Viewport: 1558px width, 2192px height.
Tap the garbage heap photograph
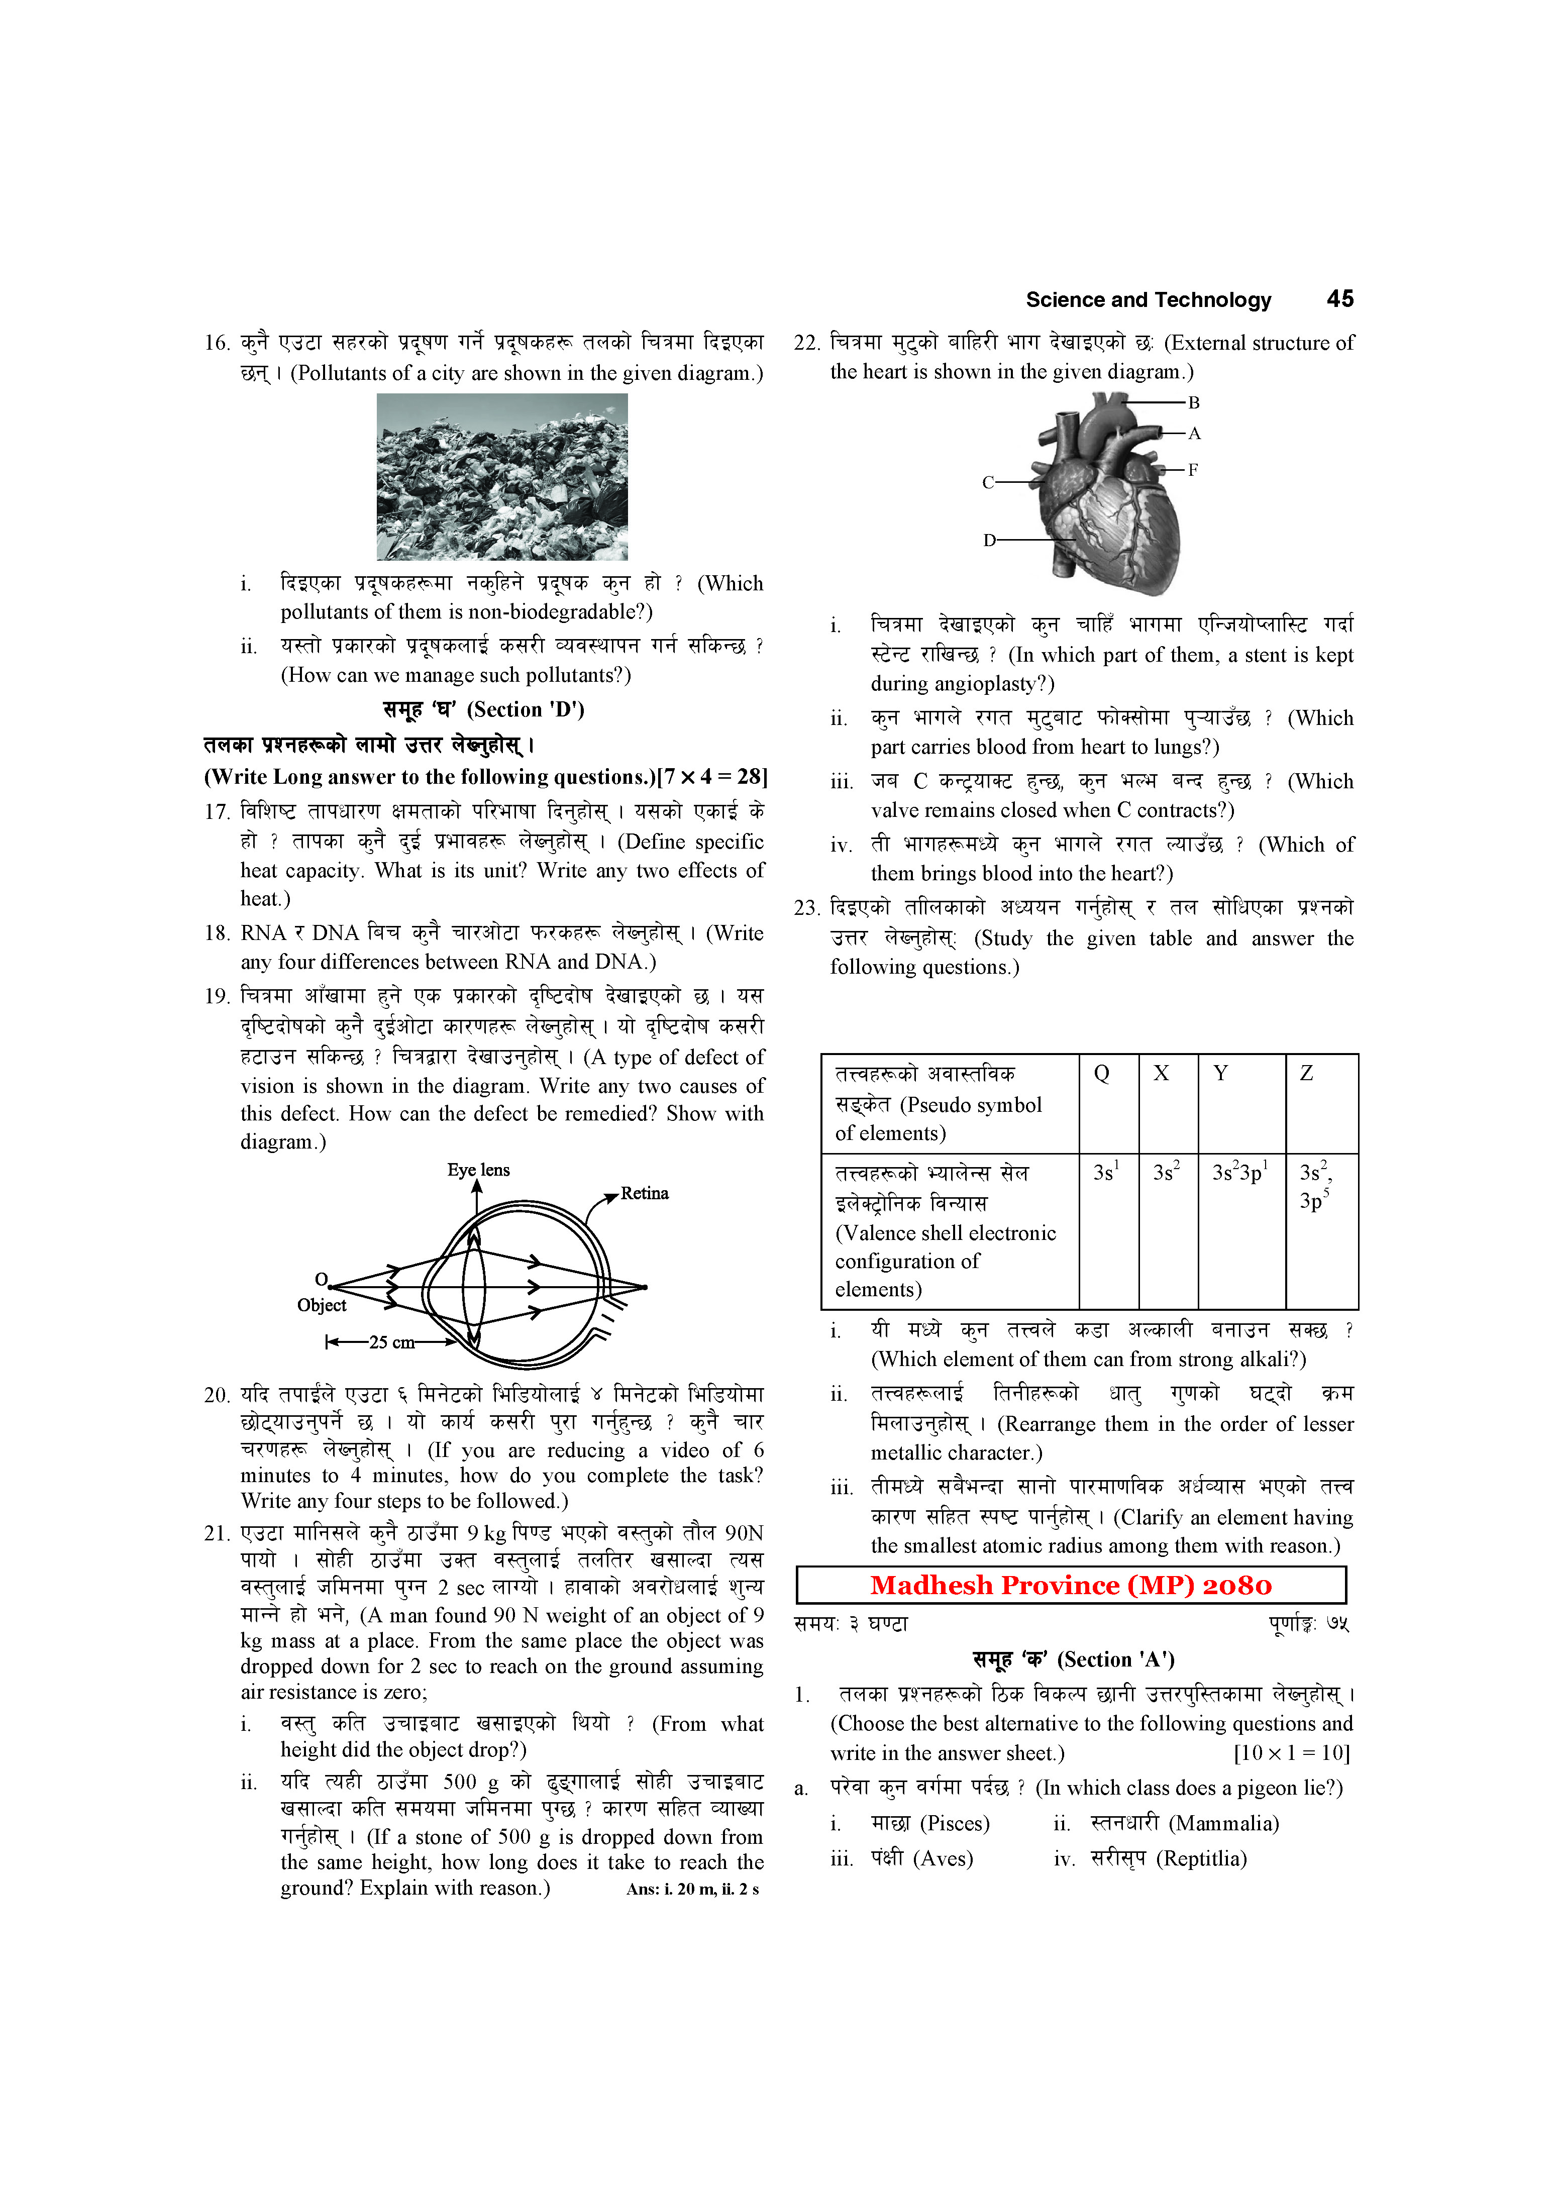coord(502,477)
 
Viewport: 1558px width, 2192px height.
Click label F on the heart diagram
coord(1192,470)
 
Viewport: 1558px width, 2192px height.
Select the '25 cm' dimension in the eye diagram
coord(391,1342)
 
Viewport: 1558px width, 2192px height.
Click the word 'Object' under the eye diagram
coord(322,1306)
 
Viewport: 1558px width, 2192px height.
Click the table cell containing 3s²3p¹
coord(1239,1172)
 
